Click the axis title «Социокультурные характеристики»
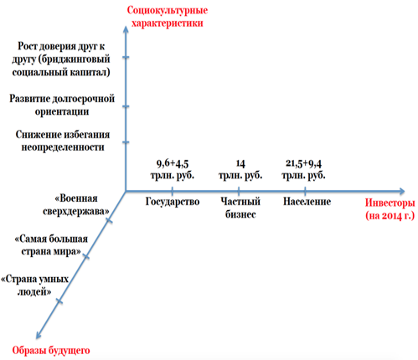[x=168, y=17]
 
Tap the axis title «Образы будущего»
[x=51, y=351]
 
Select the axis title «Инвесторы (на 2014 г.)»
[x=390, y=209]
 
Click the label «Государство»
[x=173, y=202]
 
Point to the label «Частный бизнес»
[x=240, y=208]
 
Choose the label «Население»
[x=307, y=202]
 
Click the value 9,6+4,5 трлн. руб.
[x=173, y=169]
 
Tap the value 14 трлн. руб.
[x=240, y=169]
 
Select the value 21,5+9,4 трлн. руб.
[x=303, y=169]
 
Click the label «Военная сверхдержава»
[x=76, y=205]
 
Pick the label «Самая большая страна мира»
[x=51, y=245]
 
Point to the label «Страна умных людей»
[x=35, y=285]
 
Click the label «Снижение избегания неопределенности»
[x=63, y=141]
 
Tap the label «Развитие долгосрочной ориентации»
[x=62, y=105]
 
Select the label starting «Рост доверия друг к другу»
[x=61, y=59]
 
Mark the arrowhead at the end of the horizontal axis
[x=402, y=191]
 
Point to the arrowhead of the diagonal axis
[x=39, y=336]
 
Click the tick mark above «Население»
[x=305, y=191]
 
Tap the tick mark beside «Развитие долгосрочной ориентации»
[x=126, y=106]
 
